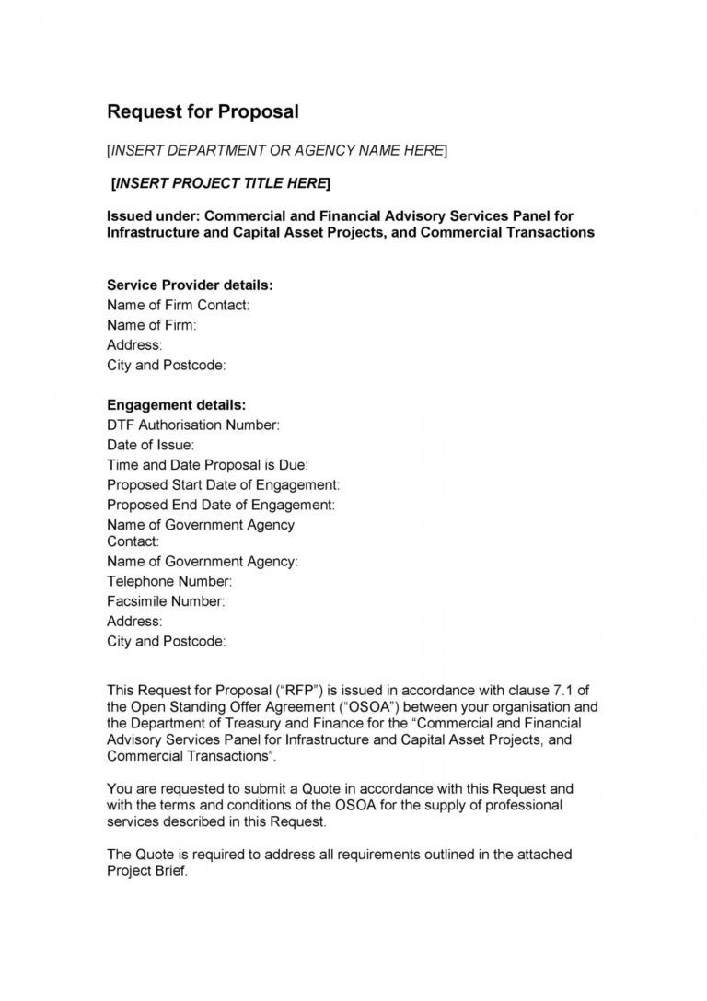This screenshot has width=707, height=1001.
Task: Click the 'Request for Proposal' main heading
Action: point(203,112)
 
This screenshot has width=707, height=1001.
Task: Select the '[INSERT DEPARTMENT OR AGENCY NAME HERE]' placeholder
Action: point(277,150)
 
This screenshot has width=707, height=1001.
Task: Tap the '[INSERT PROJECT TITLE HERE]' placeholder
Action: point(220,183)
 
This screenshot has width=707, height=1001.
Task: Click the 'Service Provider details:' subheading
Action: point(190,285)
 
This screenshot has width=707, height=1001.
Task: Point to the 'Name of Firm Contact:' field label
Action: point(178,305)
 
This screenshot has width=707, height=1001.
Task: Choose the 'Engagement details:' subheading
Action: point(176,404)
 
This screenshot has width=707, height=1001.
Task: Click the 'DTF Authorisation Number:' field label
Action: point(192,425)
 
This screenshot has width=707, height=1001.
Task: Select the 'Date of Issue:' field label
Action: point(150,445)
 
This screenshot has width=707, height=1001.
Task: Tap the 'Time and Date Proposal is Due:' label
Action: point(207,465)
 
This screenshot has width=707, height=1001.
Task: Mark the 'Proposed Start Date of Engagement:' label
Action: point(223,484)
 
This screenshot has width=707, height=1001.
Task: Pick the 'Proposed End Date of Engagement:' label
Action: point(221,505)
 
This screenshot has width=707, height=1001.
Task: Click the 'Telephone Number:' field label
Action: point(169,581)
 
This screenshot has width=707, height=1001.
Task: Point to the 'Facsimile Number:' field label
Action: point(166,601)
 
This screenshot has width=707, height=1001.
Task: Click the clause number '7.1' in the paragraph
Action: point(542,690)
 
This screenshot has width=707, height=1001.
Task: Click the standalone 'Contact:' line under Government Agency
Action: point(133,541)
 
